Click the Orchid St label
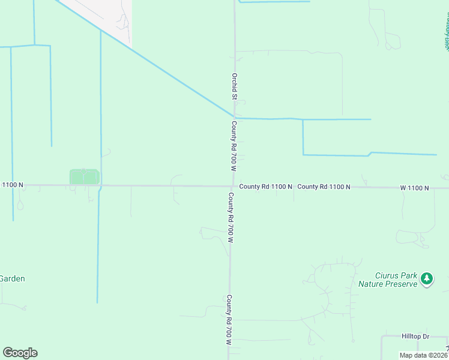click(235, 86)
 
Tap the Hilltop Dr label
click(415, 337)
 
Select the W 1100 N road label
click(415, 188)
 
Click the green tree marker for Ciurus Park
click(427, 278)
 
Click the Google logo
click(20, 353)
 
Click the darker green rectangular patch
click(83, 177)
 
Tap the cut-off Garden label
click(11, 278)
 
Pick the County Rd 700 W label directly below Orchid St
click(234, 145)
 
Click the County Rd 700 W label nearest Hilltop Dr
click(229, 319)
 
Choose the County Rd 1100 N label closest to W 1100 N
click(324, 187)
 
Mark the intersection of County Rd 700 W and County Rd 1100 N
click(232, 186)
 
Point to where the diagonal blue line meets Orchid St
click(234, 116)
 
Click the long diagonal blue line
click(150, 63)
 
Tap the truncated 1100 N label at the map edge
click(12, 185)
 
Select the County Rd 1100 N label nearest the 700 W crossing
click(265, 187)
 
